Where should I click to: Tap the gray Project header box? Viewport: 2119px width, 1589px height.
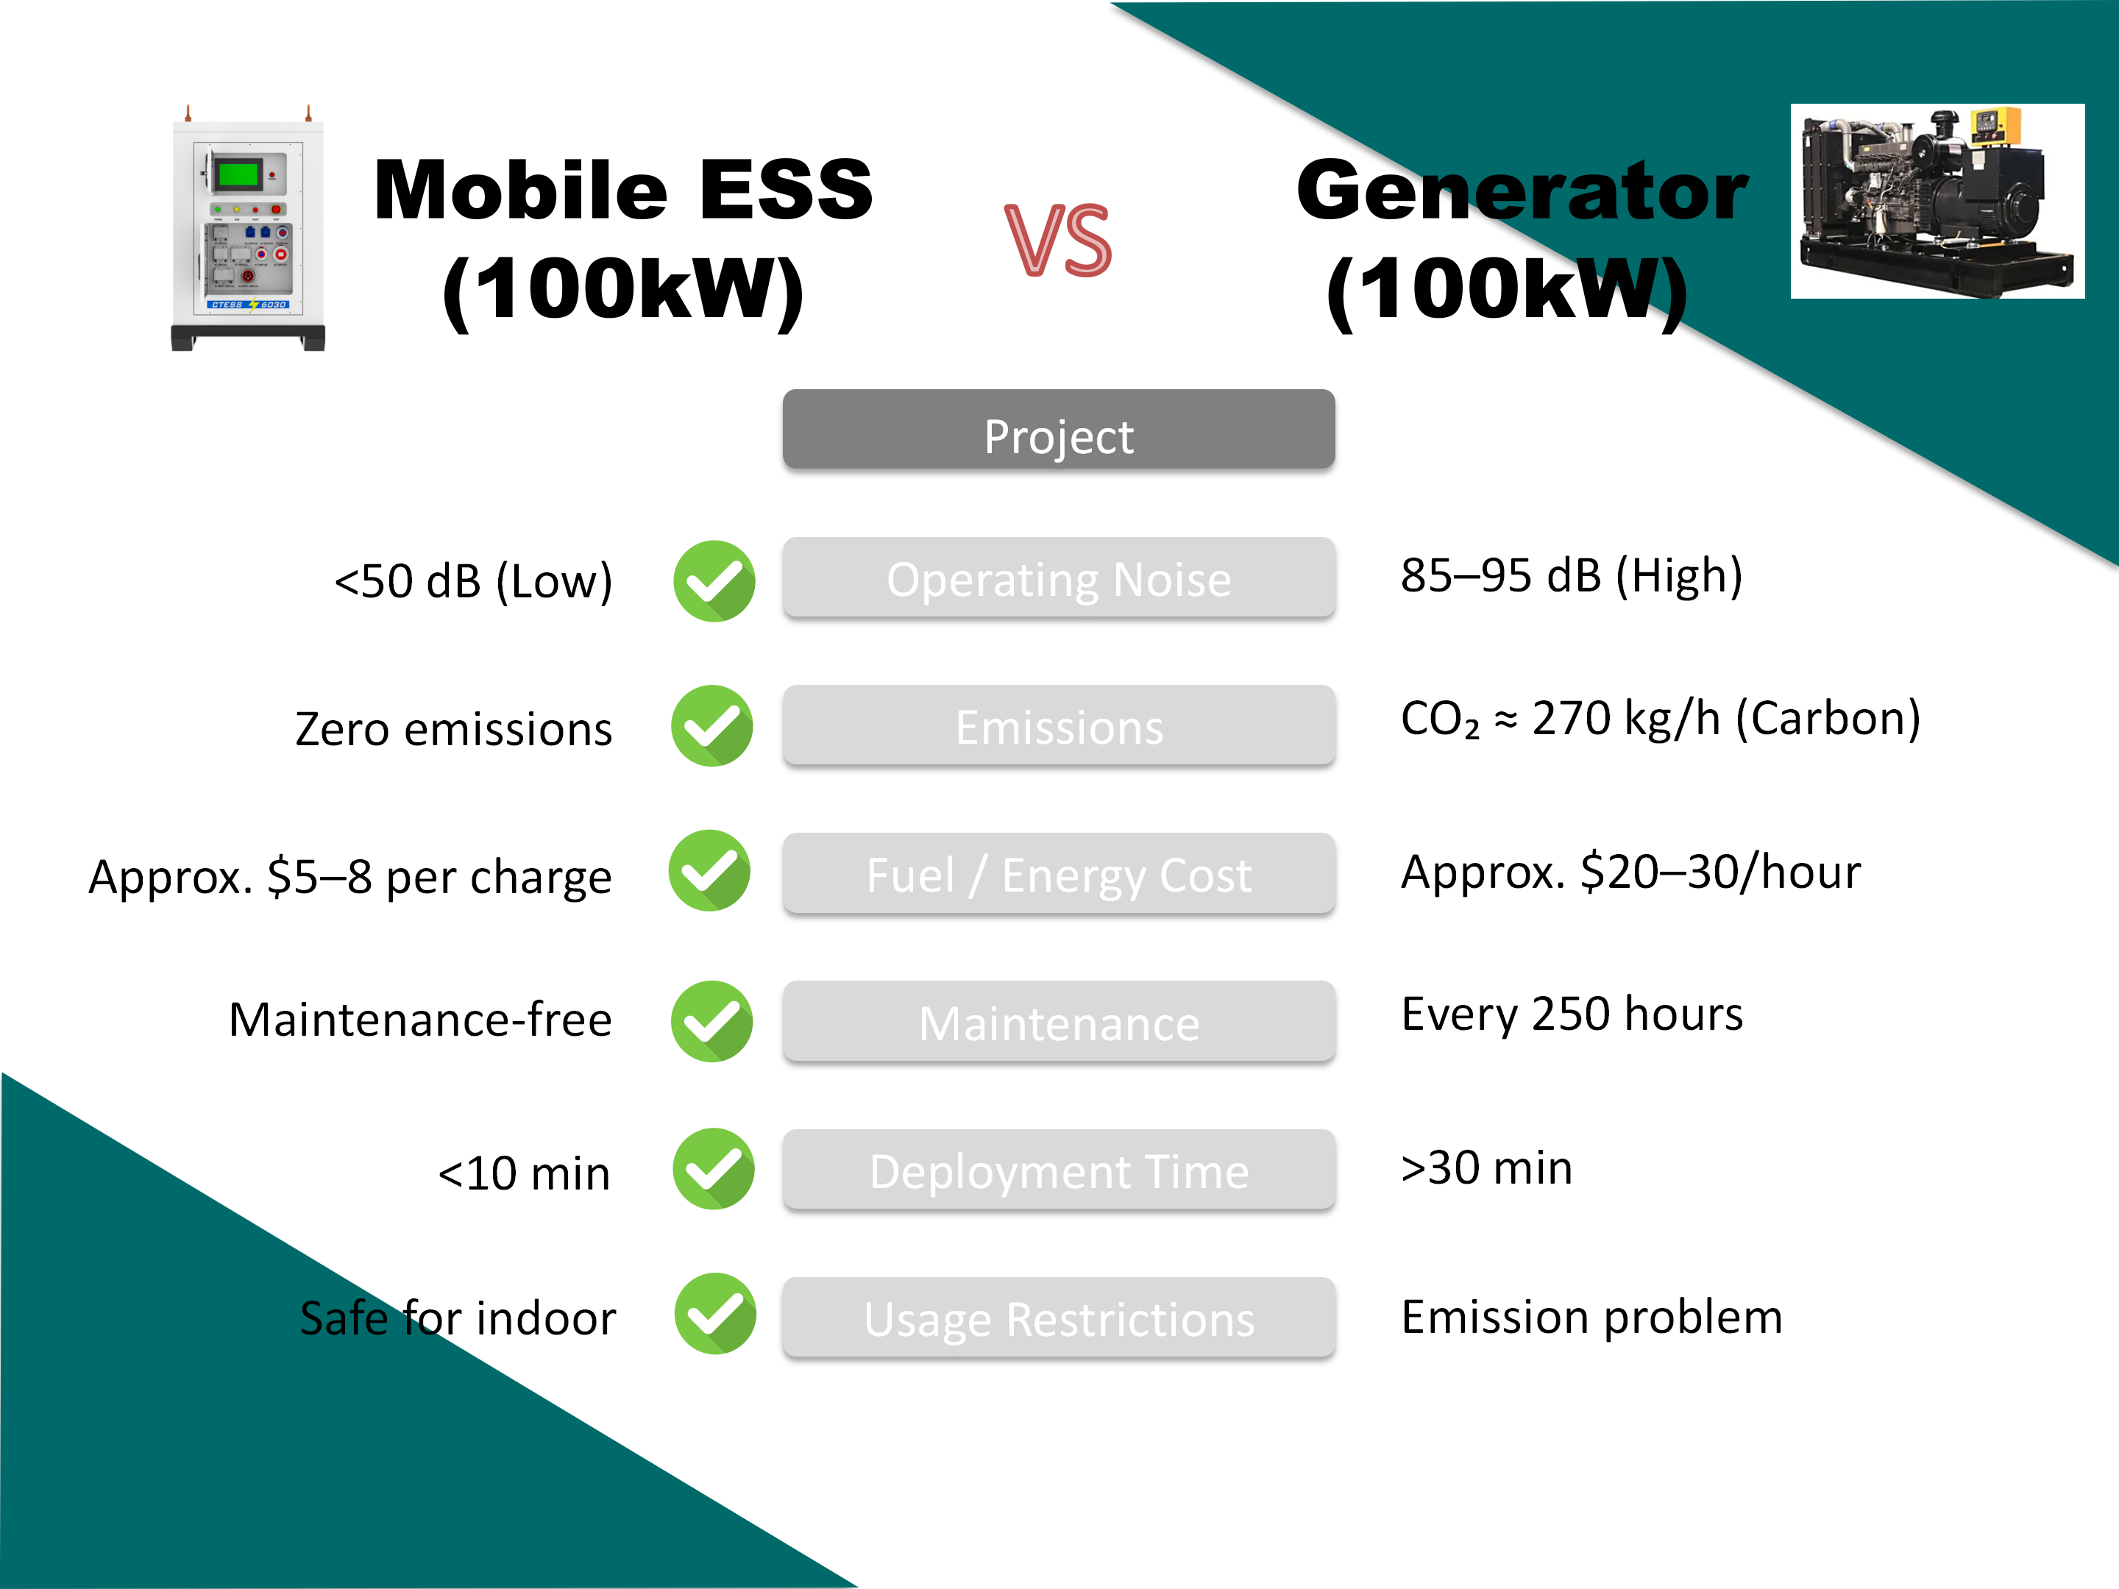click(x=1059, y=429)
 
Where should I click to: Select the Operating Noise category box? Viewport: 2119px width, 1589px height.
click(x=1059, y=577)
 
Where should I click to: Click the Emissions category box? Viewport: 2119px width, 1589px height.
click(x=1059, y=725)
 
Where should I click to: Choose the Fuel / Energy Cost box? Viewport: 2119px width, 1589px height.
click(x=1059, y=873)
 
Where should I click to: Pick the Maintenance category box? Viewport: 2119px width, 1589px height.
click(x=1059, y=1021)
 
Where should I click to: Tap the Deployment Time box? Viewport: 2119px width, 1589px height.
click(x=1059, y=1170)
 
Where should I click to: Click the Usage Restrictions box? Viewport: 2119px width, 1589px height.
click(x=1059, y=1317)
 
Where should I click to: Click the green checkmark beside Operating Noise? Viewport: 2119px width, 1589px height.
click(x=714, y=580)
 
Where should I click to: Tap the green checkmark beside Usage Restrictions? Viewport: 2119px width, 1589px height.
click(x=714, y=1313)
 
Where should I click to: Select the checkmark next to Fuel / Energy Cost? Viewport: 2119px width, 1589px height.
click(x=709, y=870)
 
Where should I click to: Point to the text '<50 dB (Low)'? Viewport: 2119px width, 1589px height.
click(x=472, y=580)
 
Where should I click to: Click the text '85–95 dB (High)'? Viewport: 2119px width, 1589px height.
click(x=1571, y=575)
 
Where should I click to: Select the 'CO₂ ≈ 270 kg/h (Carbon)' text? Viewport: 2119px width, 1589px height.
click(x=1660, y=718)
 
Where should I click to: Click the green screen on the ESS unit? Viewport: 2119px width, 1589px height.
click(x=238, y=174)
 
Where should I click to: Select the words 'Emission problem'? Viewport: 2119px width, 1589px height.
click(x=1591, y=1317)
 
